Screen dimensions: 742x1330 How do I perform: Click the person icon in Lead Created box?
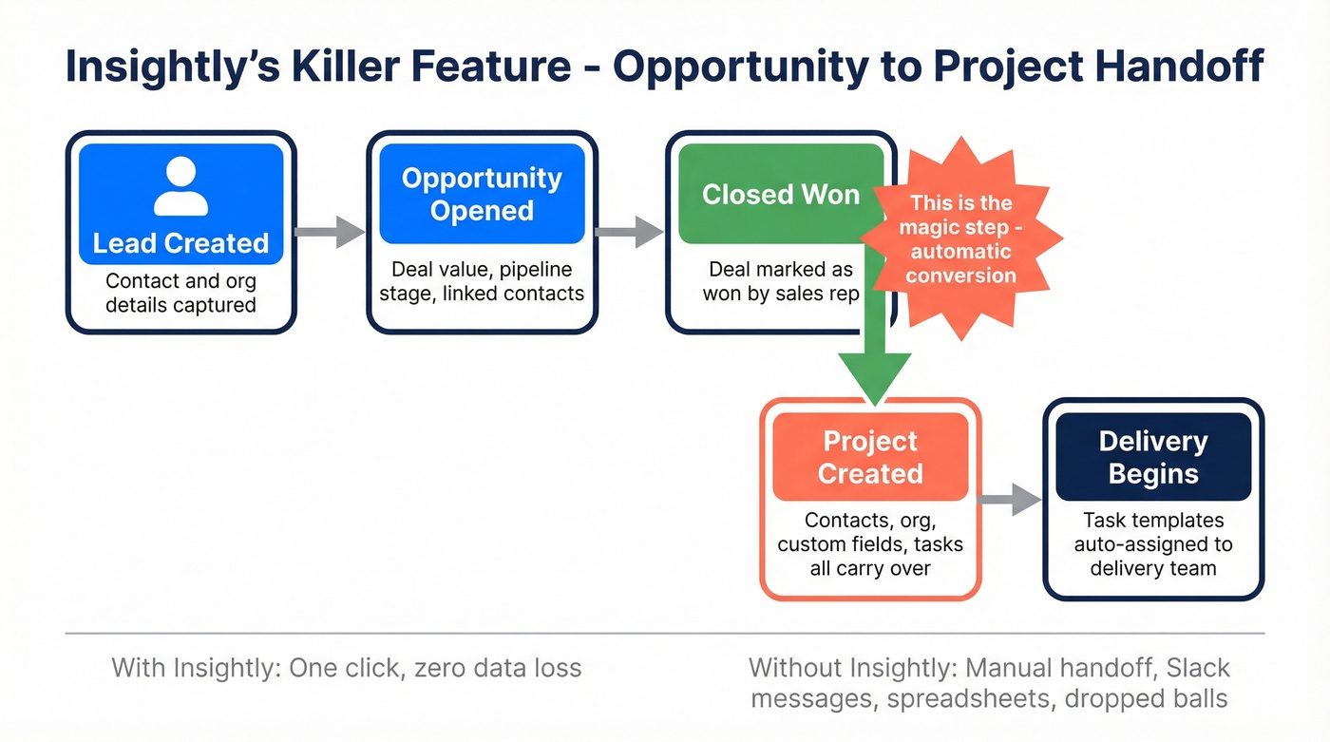pyautogui.click(x=180, y=186)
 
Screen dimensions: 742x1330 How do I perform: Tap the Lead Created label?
pyautogui.click(x=180, y=243)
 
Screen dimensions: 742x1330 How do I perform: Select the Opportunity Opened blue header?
pyautogui.click(x=482, y=194)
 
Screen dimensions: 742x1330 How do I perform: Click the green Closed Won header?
pyautogui.click(x=780, y=195)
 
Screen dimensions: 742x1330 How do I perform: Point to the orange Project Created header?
pyautogui.click(x=870, y=457)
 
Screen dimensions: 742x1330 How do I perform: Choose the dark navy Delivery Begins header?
pyautogui.click(x=1152, y=457)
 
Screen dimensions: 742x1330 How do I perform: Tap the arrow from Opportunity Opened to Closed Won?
pyautogui.click(x=630, y=232)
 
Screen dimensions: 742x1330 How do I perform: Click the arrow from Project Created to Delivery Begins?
pyautogui.click(x=1011, y=498)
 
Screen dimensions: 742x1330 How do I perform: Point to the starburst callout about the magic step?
pyautogui.click(x=961, y=239)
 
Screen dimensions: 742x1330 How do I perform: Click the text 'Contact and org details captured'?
pyautogui.click(x=180, y=293)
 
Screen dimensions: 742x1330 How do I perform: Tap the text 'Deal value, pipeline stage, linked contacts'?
pyautogui.click(x=482, y=282)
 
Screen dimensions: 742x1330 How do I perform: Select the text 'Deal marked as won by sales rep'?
pyautogui.click(x=780, y=282)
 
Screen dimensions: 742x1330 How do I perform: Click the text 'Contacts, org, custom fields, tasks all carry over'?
pyautogui.click(x=870, y=544)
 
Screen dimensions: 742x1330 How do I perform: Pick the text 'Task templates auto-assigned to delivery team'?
pyautogui.click(x=1152, y=544)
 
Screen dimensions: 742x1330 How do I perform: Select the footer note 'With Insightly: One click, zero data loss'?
pyautogui.click(x=346, y=668)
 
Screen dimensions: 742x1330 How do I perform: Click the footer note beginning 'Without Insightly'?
pyautogui.click(x=988, y=683)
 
